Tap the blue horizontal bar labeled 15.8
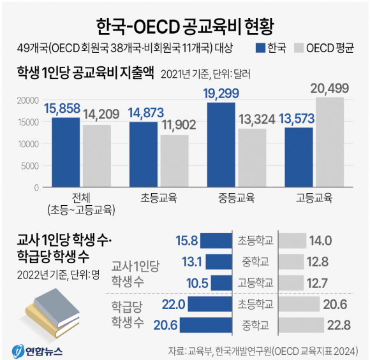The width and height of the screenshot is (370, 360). click(216, 240)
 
